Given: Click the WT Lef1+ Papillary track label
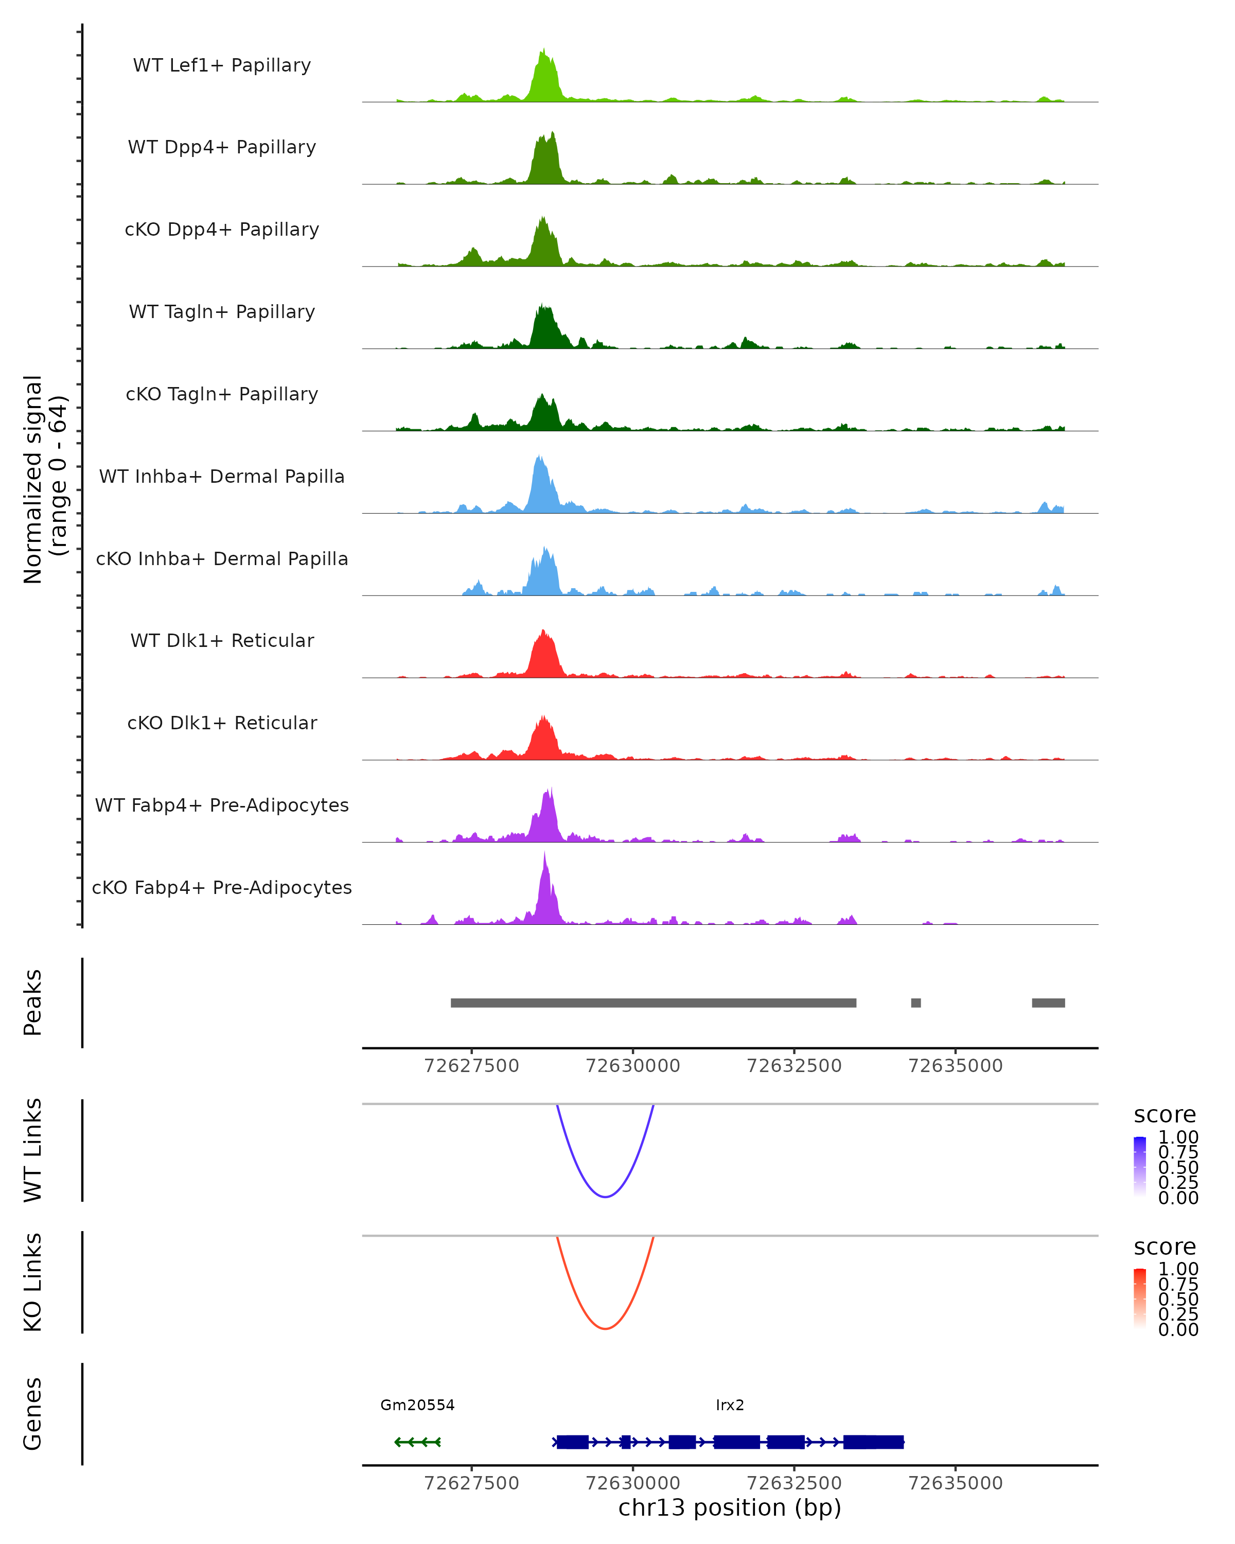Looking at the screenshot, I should [222, 65].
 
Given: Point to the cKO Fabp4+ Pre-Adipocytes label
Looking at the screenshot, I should [222, 887].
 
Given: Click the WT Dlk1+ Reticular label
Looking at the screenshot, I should [222, 640].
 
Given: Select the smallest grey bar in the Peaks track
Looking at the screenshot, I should [915, 1003].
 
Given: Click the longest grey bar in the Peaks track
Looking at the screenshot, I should [653, 1003].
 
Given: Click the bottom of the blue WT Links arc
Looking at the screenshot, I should [605, 1197].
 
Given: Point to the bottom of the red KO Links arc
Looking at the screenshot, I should [605, 1328].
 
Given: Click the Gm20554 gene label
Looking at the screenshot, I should [417, 1405].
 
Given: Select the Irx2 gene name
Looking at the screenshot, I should [730, 1405].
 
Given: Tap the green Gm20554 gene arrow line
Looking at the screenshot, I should [417, 1442].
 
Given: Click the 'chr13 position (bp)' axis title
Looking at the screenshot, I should [730, 1508].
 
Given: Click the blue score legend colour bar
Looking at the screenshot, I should [1140, 1166].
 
